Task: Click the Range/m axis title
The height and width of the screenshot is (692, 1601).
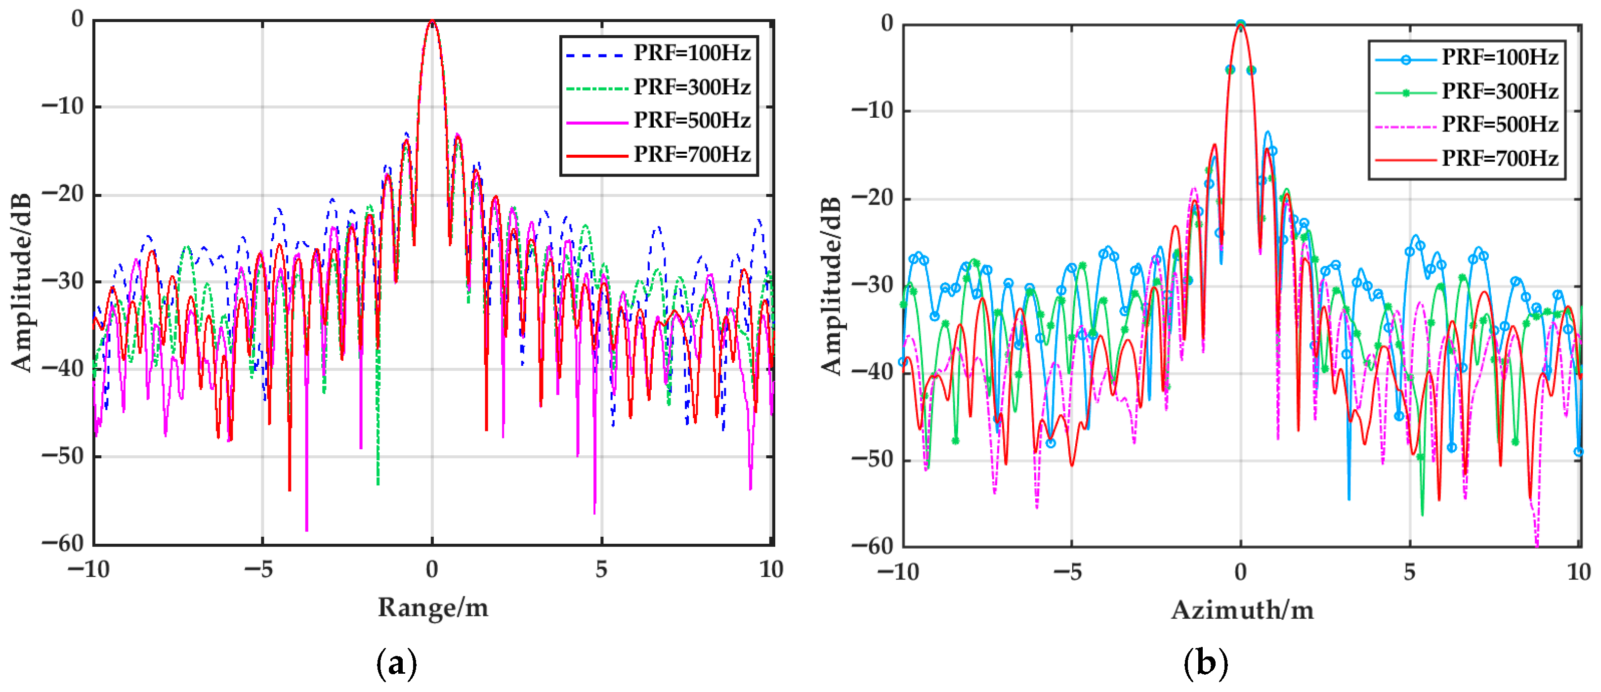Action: tap(433, 607)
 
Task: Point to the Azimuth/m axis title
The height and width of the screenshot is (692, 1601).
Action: tap(1242, 610)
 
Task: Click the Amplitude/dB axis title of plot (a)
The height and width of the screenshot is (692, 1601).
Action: tap(21, 283)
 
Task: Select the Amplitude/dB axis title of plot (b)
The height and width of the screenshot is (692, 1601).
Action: tap(831, 286)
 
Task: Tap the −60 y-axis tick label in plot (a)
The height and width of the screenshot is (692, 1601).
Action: tap(62, 543)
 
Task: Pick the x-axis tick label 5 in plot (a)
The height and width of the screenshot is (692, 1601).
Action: tap(601, 569)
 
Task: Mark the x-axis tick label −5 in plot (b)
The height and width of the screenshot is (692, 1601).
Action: tap(1070, 572)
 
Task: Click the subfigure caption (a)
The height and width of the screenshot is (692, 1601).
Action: tap(396, 664)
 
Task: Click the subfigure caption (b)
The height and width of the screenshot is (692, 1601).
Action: tap(1206, 664)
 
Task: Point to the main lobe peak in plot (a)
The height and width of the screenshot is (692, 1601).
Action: tap(432, 22)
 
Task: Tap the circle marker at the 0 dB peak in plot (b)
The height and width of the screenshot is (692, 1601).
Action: tap(1240, 25)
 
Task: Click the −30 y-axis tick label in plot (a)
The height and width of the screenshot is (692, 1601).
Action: tap(62, 282)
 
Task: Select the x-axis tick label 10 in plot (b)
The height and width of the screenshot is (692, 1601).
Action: tap(1578, 572)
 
